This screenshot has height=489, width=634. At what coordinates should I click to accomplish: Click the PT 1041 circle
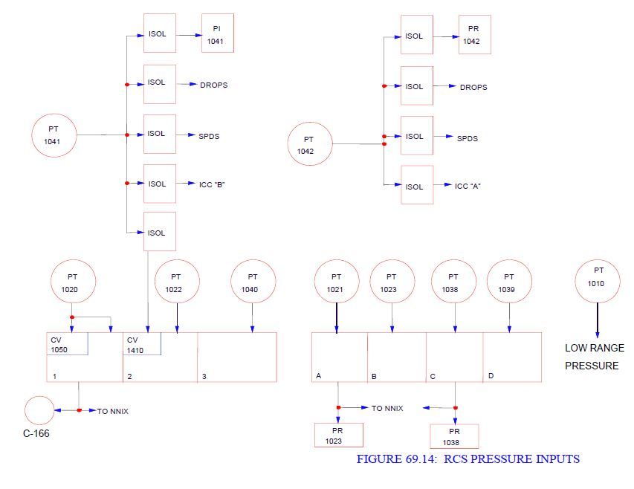tap(54, 135)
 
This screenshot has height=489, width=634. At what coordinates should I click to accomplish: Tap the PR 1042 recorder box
tap(475, 35)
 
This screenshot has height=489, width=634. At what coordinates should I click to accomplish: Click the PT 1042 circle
tap(310, 144)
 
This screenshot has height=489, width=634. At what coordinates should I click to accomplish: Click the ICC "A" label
tap(468, 186)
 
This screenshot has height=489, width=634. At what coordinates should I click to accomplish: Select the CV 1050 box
tap(68, 344)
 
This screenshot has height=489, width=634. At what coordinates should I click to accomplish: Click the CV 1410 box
tap(143, 344)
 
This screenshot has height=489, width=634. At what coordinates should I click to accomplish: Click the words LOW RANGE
tap(592, 348)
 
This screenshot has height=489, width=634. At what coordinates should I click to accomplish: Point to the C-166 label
tap(36, 434)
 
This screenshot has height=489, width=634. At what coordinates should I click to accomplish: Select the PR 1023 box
tap(339, 435)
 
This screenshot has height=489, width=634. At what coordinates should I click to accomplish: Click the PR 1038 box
tap(454, 436)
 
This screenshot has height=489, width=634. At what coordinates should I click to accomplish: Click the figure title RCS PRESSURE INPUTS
tap(468, 459)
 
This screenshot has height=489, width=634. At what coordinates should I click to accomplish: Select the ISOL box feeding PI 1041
tap(159, 33)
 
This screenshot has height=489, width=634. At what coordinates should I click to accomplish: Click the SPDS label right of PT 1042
tap(468, 138)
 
